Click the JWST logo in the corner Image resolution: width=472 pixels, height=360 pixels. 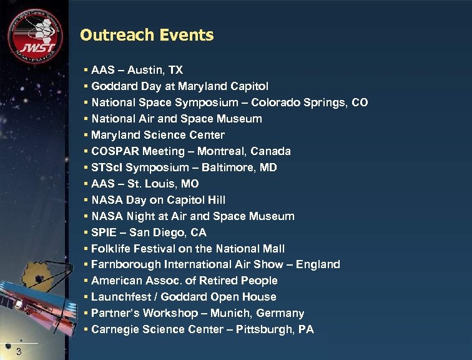pos(35,37)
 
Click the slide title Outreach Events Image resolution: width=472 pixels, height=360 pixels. pos(147,35)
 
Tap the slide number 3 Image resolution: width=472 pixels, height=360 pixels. pos(19,351)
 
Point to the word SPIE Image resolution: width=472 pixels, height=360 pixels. pos(104,232)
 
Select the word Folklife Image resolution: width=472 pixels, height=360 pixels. pos(111,249)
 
